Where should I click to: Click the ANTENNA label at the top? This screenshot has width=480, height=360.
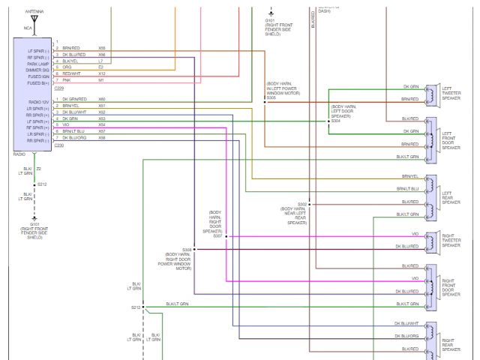[34, 13]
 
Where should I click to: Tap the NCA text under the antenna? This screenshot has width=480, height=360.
[28, 28]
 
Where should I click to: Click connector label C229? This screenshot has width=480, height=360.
[58, 87]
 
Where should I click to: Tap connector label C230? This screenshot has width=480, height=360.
[58, 145]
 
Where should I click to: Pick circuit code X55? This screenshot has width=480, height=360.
[101, 48]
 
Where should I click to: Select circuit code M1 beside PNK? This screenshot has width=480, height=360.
[100, 80]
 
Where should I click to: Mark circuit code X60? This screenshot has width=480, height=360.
[101, 99]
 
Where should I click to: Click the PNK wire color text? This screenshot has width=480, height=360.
[66, 80]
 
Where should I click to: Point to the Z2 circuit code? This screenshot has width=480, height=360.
[39, 169]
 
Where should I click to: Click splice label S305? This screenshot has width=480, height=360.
[271, 97]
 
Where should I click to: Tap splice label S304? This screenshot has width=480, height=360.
[336, 121]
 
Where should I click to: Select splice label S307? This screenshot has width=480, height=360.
[217, 235]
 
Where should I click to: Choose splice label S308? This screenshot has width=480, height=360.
[187, 249]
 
